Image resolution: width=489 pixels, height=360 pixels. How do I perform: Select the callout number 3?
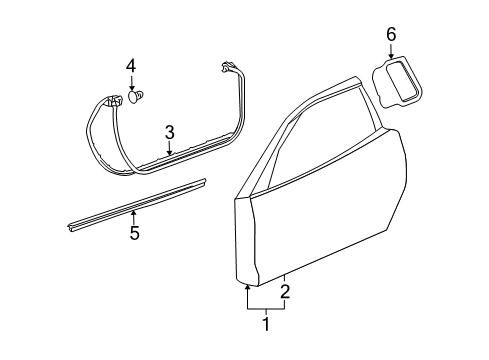click(170, 131)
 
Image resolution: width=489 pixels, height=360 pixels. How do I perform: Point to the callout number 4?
click(130, 68)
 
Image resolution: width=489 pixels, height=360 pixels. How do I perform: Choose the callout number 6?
click(391, 36)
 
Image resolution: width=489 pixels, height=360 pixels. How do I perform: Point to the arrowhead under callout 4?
click(131, 87)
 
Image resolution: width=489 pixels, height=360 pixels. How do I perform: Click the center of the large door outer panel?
click(320, 220)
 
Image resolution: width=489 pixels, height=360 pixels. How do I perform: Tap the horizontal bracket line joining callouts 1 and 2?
click(265, 309)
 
